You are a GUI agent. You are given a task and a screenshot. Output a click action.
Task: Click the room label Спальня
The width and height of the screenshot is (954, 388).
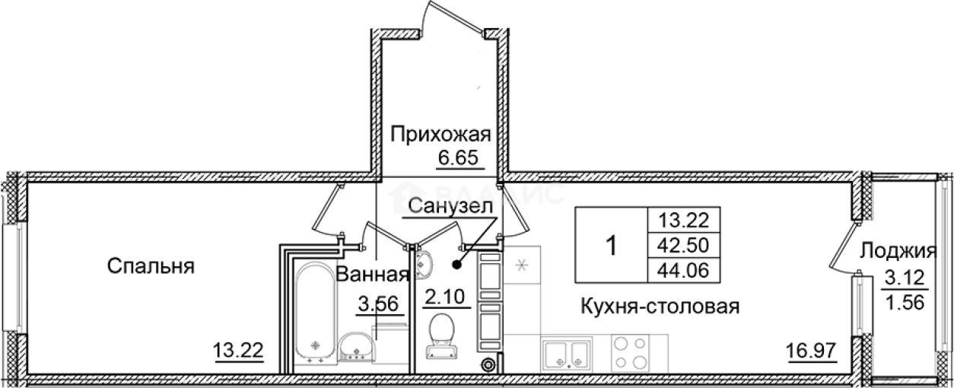151,266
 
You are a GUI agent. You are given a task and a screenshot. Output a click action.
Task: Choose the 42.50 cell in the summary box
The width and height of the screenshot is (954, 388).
682,245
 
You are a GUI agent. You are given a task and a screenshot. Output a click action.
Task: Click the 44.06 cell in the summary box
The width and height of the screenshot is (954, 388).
682,270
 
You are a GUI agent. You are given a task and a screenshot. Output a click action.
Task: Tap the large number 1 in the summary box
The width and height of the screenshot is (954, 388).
610,246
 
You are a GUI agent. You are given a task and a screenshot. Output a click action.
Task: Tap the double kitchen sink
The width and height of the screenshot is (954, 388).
567,355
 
